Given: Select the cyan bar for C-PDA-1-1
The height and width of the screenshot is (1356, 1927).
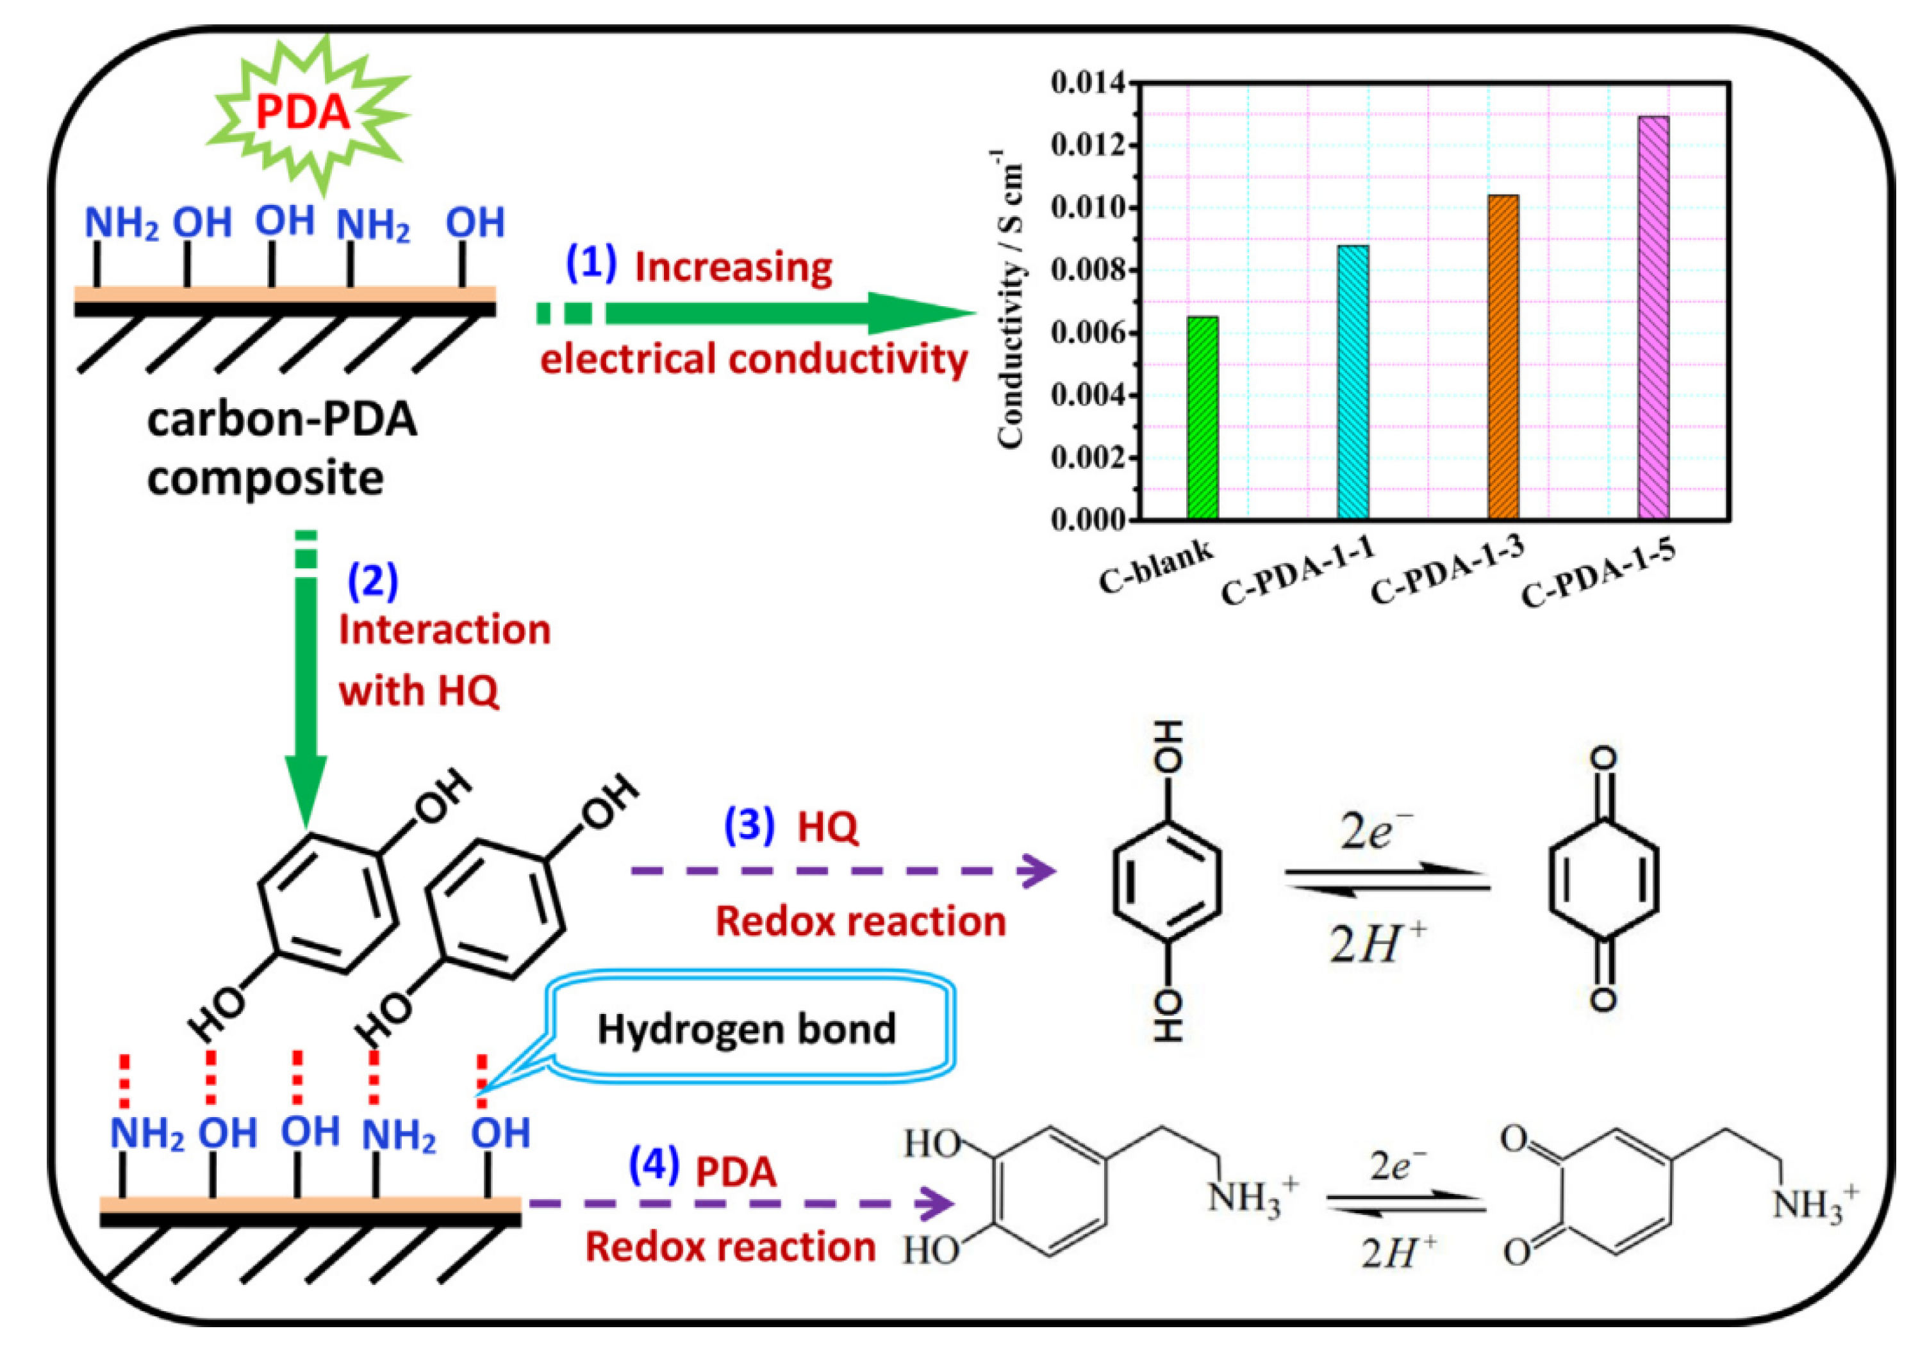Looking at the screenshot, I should point(1353,382).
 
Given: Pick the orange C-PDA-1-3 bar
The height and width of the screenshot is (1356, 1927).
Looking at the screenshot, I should point(1503,357).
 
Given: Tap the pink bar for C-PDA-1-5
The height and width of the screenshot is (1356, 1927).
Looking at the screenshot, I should point(1653,319).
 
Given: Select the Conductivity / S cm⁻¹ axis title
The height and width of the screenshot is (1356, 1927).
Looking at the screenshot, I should point(1011,298).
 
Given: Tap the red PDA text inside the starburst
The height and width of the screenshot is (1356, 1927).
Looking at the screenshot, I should point(302,111).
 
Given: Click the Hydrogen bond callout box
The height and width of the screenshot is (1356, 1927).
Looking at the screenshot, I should point(747,1028).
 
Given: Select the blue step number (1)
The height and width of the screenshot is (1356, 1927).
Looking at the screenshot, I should point(591,263).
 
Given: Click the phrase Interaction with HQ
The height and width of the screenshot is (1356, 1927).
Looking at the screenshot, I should point(443,660).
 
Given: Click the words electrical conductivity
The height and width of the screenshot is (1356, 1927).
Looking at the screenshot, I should point(753,359).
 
